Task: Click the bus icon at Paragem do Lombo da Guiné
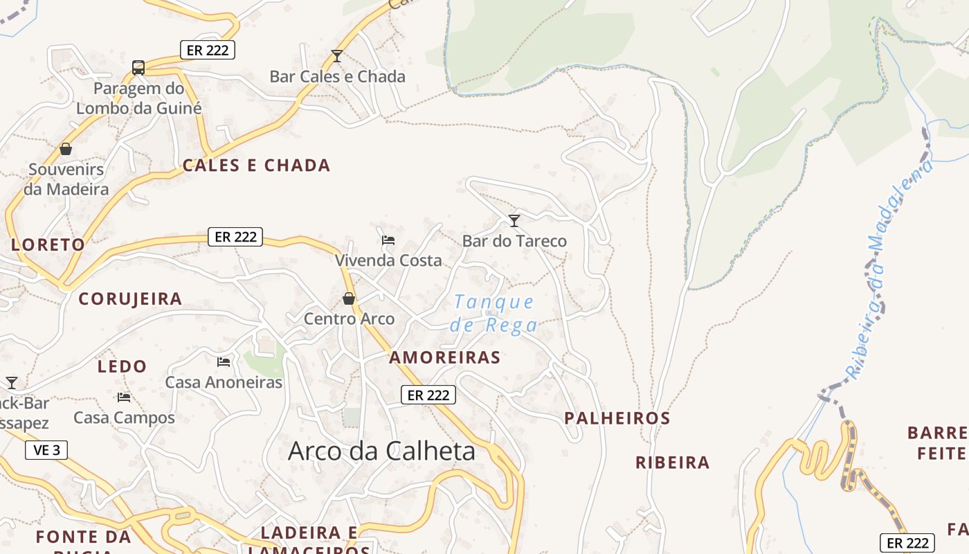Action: [138, 67]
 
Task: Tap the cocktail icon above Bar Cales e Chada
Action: [337, 55]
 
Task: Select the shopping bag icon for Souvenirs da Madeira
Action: [66, 149]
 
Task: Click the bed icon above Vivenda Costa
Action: [388, 240]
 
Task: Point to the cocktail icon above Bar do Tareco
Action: [514, 221]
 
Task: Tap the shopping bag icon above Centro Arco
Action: [349, 298]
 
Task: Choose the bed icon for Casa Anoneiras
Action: [224, 361]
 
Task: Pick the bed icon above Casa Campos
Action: [124, 397]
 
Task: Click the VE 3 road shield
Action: [46, 450]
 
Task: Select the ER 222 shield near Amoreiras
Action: [428, 395]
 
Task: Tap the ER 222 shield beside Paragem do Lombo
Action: [208, 50]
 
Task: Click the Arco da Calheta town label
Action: [381, 451]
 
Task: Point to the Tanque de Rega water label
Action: [493, 313]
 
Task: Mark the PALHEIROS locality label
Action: [617, 418]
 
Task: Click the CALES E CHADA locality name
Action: [256, 166]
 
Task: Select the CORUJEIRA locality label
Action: [130, 299]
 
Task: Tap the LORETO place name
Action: [48, 244]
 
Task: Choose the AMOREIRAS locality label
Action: [444, 357]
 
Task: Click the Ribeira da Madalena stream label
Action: [889, 270]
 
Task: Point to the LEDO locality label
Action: [122, 366]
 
